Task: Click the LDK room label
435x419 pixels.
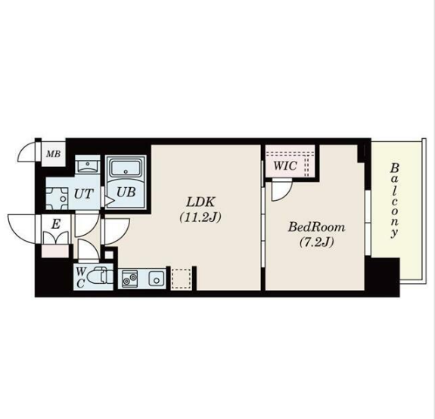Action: click(200, 202)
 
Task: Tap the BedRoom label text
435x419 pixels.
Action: click(316, 227)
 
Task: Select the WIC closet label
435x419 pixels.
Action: click(285, 165)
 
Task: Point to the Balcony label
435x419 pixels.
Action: click(394, 201)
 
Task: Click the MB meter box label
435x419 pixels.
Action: click(53, 154)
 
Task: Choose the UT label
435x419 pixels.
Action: click(83, 194)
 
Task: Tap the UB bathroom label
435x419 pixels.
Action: click(126, 192)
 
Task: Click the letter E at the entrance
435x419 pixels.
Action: click(56, 223)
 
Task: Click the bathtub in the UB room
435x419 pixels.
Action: click(126, 167)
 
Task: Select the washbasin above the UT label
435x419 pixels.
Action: click(88, 166)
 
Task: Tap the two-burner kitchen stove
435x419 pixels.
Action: click(129, 278)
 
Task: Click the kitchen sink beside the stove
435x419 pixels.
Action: click(156, 279)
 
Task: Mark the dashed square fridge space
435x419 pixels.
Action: click(181, 279)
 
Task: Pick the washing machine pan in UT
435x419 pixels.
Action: click(57, 199)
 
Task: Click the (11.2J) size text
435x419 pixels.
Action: click(200, 217)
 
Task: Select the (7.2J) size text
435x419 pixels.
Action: click(316, 242)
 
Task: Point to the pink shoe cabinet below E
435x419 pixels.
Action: click(55, 251)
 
